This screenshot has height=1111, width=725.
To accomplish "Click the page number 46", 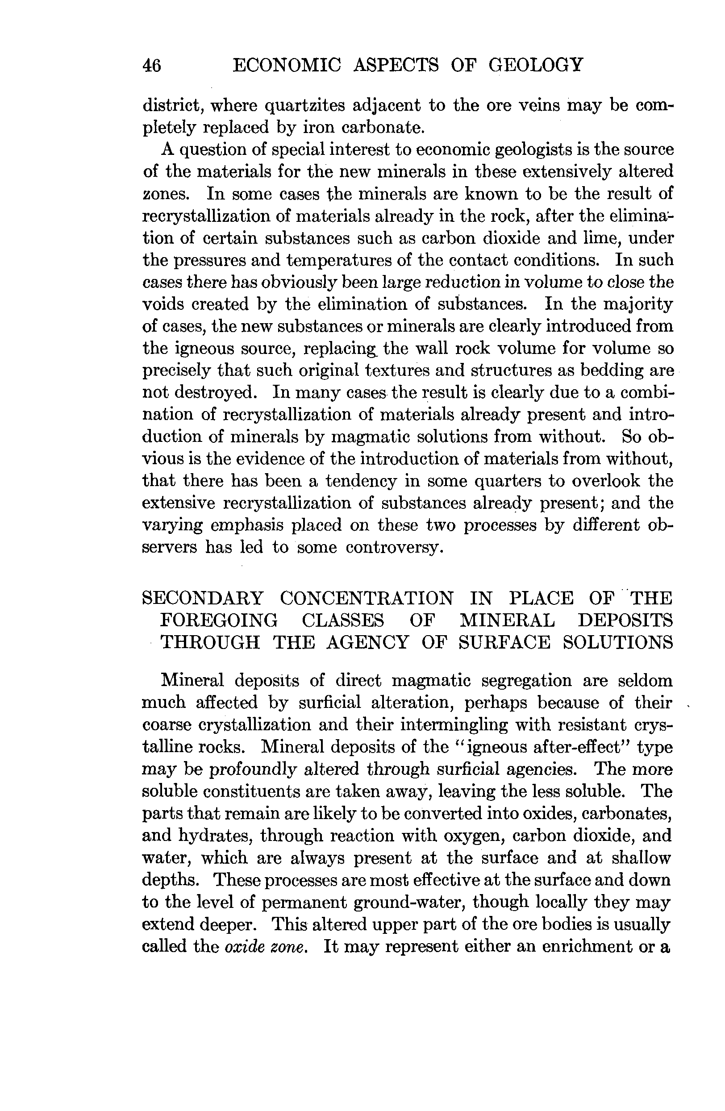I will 152,65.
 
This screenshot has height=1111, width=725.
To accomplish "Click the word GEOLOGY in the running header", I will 535,64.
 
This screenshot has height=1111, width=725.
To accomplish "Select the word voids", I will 163,304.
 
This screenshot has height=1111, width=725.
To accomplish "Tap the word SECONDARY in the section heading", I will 203,599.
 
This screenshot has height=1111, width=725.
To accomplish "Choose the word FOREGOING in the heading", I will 219,620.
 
